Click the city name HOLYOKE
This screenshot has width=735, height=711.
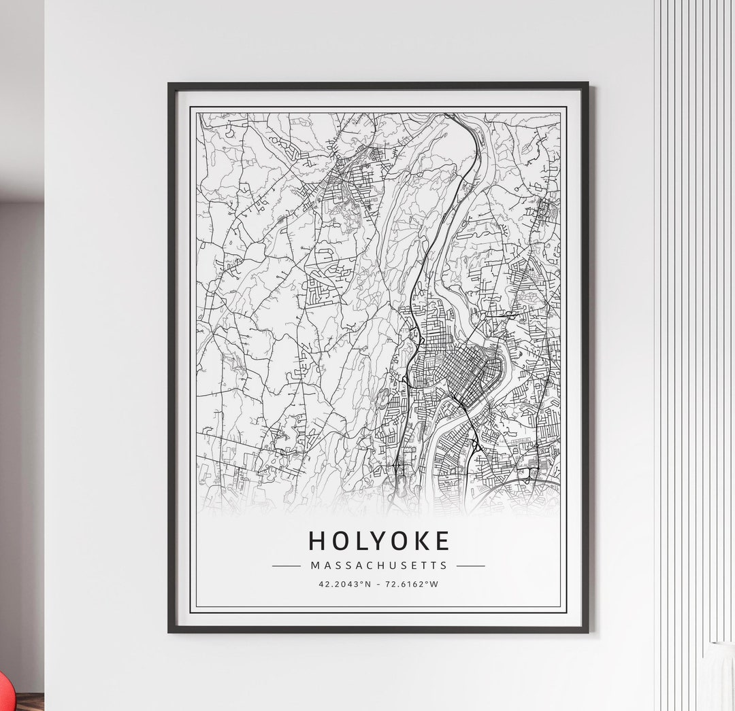point(379,541)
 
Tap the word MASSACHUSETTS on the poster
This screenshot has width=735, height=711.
point(379,566)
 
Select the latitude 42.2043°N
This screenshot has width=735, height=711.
point(345,584)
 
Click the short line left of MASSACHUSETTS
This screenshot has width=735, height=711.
point(286,566)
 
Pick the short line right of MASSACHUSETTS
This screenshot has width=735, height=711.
point(470,566)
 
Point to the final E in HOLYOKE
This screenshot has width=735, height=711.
point(442,541)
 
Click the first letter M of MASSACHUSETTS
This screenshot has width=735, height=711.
point(314,566)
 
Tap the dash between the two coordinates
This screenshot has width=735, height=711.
point(378,584)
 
